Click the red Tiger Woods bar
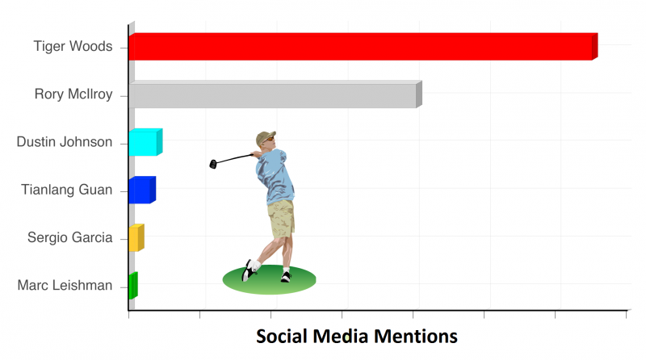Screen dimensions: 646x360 [x=363, y=47]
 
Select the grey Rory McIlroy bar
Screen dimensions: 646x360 [x=275, y=94]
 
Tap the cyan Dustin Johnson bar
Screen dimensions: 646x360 [x=145, y=142]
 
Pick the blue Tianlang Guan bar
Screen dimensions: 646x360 [x=142, y=190]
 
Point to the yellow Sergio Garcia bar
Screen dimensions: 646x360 [x=136, y=237]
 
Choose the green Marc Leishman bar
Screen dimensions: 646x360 [x=133, y=286]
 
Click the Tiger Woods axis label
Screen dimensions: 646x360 [x=73, y=46]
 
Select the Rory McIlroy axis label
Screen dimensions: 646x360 [x=73, y=94]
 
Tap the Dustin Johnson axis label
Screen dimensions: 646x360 [x=65, y=142]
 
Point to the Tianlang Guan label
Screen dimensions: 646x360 [x=67, y=190]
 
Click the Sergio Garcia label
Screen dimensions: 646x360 [x=70, y=237]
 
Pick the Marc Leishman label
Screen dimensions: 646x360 [x=65, y=285]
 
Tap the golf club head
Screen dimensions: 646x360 [x=213, y=165]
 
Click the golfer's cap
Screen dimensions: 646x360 [x=265, y=137]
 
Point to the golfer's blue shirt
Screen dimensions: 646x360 [x=275, y=176]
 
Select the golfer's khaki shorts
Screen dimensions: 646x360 [x=281, y=218]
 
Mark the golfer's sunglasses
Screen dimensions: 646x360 [x=270, y=140]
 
